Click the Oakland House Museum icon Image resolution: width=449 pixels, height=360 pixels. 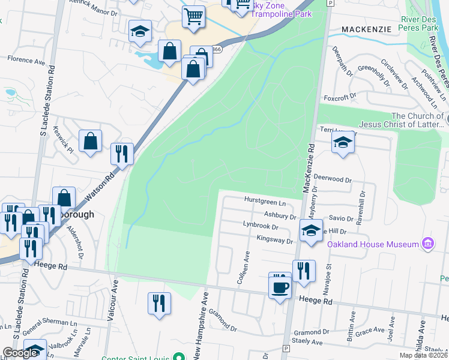[427, 244]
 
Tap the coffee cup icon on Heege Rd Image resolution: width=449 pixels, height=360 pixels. [280, 286]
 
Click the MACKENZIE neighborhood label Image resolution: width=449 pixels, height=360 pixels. [366, 29]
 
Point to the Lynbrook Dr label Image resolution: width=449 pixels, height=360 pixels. [261, 227]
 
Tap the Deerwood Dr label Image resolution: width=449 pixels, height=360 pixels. [332, 179]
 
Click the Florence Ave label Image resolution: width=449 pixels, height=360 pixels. [26, 61]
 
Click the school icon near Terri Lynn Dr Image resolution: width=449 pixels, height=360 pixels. [342, 143]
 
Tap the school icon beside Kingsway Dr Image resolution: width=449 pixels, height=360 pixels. [310, 230]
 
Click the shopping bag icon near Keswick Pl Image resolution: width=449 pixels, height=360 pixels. [90, 142]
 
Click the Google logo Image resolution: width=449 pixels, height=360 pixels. [20, 353]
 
